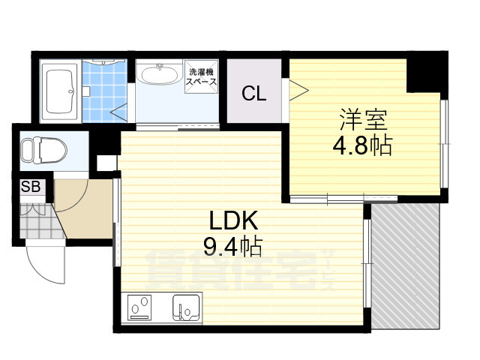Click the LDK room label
pyautogui.click(x=233, y=220)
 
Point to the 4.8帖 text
pyautogui.click(x=362, y=144)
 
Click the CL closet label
pyautogui.click(x=253, y=94)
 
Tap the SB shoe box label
pyautogui.click(x=31, y=186)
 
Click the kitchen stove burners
pyautogui.click(x=139, y=307)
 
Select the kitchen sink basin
pyautogui.click(x=186, y=306)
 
